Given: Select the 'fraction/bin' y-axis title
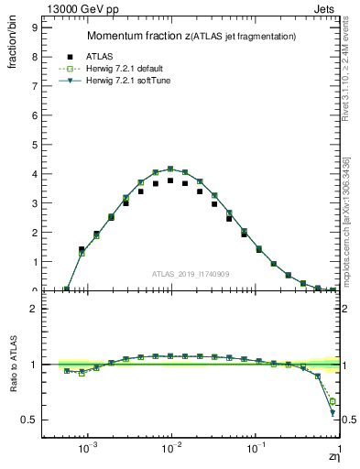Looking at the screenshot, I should [x=13, y=49].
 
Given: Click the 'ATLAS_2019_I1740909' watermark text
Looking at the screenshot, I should [x=191, y=274].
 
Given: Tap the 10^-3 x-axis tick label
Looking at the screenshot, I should [x=88, y=448].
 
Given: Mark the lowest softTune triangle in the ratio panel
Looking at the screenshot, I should [x=332, y=413].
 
